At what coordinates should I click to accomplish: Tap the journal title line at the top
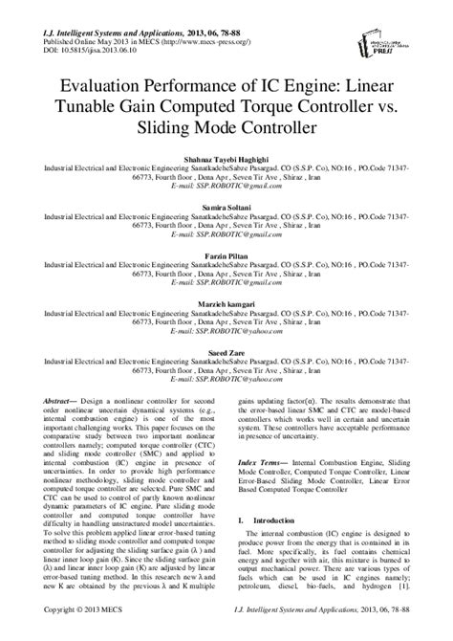click(x=143, y=9)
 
